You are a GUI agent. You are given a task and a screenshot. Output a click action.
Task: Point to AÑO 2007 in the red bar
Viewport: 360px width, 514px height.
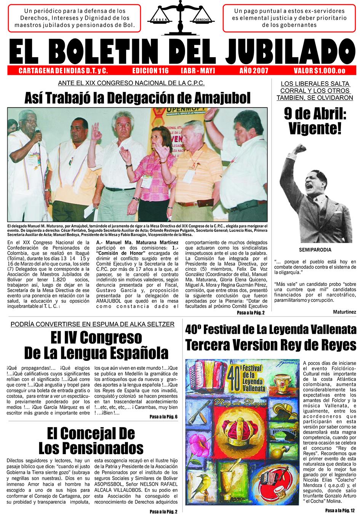click(x=254, y=71)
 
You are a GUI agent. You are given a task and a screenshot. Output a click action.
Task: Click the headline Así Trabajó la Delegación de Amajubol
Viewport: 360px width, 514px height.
click(x=138, y=98)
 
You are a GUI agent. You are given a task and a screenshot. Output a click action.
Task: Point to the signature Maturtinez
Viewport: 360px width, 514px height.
click(x=344, y=312)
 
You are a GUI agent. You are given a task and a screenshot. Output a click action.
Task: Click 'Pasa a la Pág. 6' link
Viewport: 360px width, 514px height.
click(x=164, y=417)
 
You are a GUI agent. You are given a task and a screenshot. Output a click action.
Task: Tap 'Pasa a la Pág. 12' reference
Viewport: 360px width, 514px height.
click(x=341, y=510)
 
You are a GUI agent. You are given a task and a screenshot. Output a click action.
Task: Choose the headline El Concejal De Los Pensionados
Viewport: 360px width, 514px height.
click(x=91, y=440)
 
